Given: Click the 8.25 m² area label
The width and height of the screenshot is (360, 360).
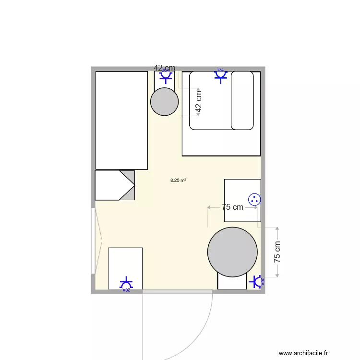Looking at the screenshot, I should coord(178,181).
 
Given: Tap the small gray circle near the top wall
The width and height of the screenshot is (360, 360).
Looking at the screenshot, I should coord(165,102).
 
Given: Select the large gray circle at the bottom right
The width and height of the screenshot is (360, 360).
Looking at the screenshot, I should coord(232,252).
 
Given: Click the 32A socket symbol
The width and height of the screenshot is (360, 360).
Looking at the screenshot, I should coord(220,75).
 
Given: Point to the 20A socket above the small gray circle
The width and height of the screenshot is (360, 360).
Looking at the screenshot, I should coord(166,76).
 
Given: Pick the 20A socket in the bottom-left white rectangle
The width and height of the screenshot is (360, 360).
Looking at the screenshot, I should coord(126,283).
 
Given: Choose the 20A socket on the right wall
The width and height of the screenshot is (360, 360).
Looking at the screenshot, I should coord(257,281).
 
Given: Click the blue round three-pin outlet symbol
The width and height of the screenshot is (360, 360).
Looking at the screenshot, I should coord(254,199).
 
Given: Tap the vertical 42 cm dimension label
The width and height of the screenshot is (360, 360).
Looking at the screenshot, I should coord(199,102).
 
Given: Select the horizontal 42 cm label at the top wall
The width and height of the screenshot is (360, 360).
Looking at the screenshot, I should coord(164,68).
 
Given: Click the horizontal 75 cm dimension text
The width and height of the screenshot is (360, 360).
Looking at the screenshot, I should coord(232,207).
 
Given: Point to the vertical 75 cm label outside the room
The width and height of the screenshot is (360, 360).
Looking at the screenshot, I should coord(277,251).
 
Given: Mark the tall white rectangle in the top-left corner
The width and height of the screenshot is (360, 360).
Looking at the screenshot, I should coord(121,120).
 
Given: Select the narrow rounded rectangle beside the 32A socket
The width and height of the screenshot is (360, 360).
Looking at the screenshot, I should coord(242,100).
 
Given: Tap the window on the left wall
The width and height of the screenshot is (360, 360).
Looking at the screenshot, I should coord(93,240).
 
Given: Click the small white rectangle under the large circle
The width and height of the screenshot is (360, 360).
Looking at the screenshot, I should coord(232,282).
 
